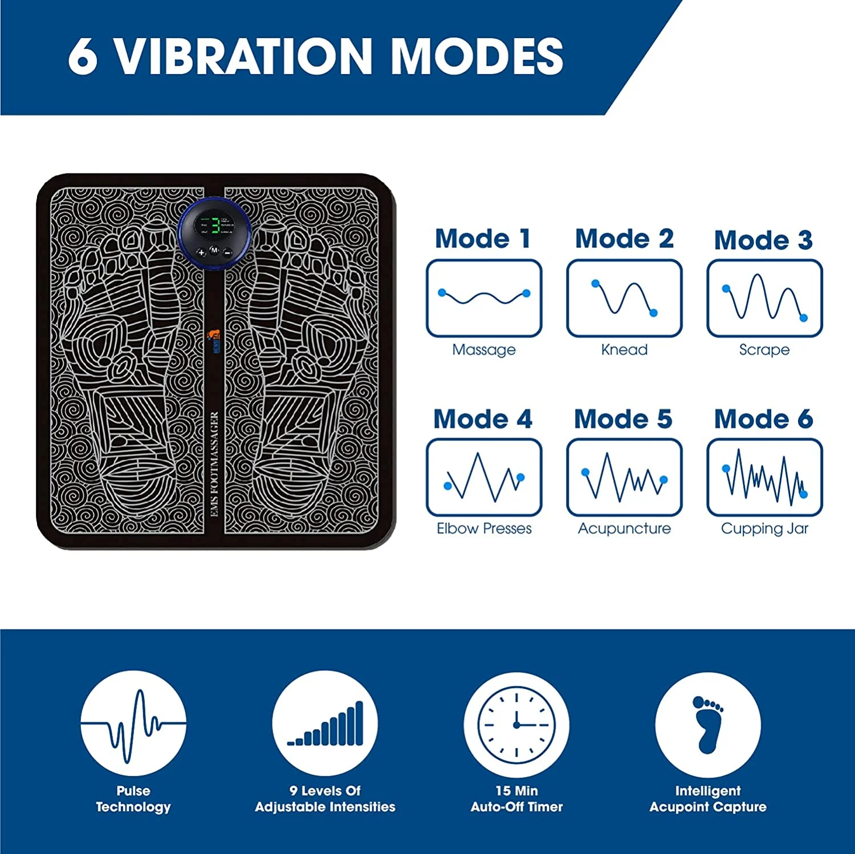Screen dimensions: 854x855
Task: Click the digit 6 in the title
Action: coord(83,56)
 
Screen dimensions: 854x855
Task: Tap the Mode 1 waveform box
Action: coord(484,298)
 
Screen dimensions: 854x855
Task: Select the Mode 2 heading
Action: coord(624,238)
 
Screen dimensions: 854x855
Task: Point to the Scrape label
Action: coord(764,350)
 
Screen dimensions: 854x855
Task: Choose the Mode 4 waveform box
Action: coord(484,477)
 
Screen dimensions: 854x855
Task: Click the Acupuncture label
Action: coord(624,529)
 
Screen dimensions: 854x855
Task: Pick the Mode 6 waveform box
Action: coord(764,477)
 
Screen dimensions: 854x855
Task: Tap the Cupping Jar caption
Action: coord(764,529)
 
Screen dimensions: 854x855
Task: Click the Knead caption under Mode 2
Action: coord(624,350)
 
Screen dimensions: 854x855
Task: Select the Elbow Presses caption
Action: coord(484,529)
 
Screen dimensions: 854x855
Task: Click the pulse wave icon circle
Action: coord(133,724)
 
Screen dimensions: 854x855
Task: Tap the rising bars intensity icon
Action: coord(325,724)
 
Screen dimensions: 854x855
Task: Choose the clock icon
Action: coord(516,724)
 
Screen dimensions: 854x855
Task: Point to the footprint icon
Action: coord(708,724)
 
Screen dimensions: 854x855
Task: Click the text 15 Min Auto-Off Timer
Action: coord(516,799)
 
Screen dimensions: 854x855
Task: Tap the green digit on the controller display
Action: coord(215,225)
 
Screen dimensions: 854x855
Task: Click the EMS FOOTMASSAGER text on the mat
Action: coord(214,464)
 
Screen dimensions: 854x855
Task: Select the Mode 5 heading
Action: coord(623,419)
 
